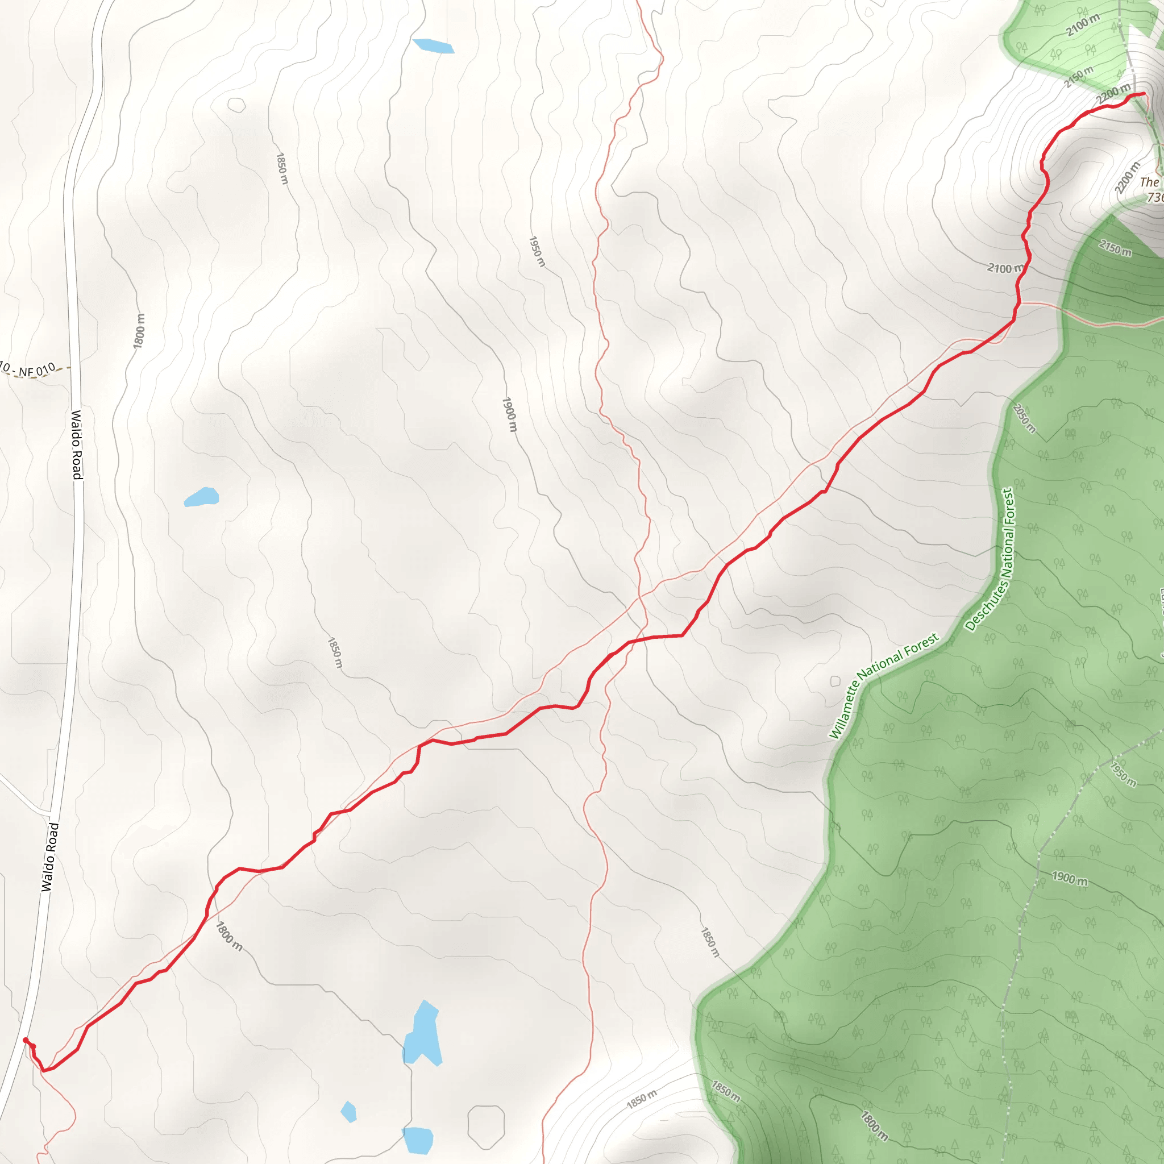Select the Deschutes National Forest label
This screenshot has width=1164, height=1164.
click(990, 560)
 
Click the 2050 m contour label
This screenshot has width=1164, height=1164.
click(1024, 418)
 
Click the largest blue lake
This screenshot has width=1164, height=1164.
click(423, 1034)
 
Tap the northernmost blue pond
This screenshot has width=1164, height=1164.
click(433, 46)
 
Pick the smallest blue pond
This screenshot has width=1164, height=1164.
click(349, 1112)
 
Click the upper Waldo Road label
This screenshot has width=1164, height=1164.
click(77, 444)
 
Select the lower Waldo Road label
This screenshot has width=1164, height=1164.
click(50, 857)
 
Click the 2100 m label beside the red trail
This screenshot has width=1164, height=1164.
click(1004, 268)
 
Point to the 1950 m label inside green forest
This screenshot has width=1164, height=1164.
click(1123, 774)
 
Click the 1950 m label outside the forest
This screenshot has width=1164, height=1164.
click(536, 251)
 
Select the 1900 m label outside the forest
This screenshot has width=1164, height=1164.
click(510, 414)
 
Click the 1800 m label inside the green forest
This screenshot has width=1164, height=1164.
click(874, 1126)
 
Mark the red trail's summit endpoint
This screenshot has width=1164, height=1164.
click(1144, 93)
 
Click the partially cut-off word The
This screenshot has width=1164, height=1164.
click(1149, 182)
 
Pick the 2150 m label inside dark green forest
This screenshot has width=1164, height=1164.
click(1115, 247)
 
